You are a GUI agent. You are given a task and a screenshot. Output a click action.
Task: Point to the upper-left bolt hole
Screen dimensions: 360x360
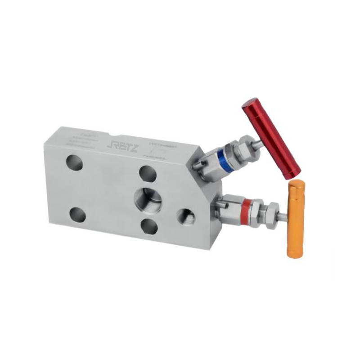tap(74, 162)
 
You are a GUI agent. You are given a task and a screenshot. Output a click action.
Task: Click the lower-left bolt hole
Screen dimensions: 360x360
tap(77, 215)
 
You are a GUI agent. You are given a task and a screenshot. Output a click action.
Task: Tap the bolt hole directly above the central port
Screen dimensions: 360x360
tap(147, 172)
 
